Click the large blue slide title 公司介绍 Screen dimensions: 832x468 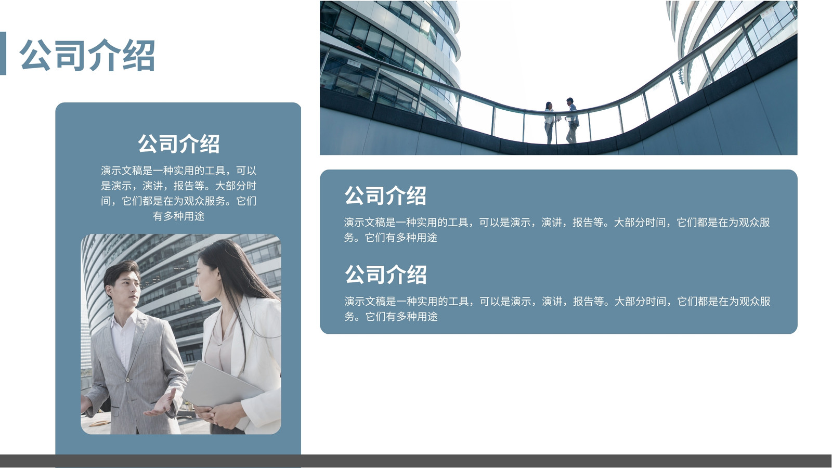point(87,55)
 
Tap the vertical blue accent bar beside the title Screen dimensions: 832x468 point(3,54)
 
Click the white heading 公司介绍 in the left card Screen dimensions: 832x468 point(179,144)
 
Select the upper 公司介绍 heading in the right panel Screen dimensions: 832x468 point(385,196)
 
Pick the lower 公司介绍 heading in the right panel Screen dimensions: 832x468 point(385,275)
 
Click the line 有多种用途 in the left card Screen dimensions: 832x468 point(179,216)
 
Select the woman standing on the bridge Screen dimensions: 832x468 point(550,123)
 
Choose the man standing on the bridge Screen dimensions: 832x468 point(572,120)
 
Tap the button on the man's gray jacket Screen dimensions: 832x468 point(128,380)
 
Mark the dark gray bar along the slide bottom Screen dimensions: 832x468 point(416,461)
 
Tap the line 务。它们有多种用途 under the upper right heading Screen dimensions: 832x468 point(391,238)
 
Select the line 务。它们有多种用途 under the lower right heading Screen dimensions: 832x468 point(391,317)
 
